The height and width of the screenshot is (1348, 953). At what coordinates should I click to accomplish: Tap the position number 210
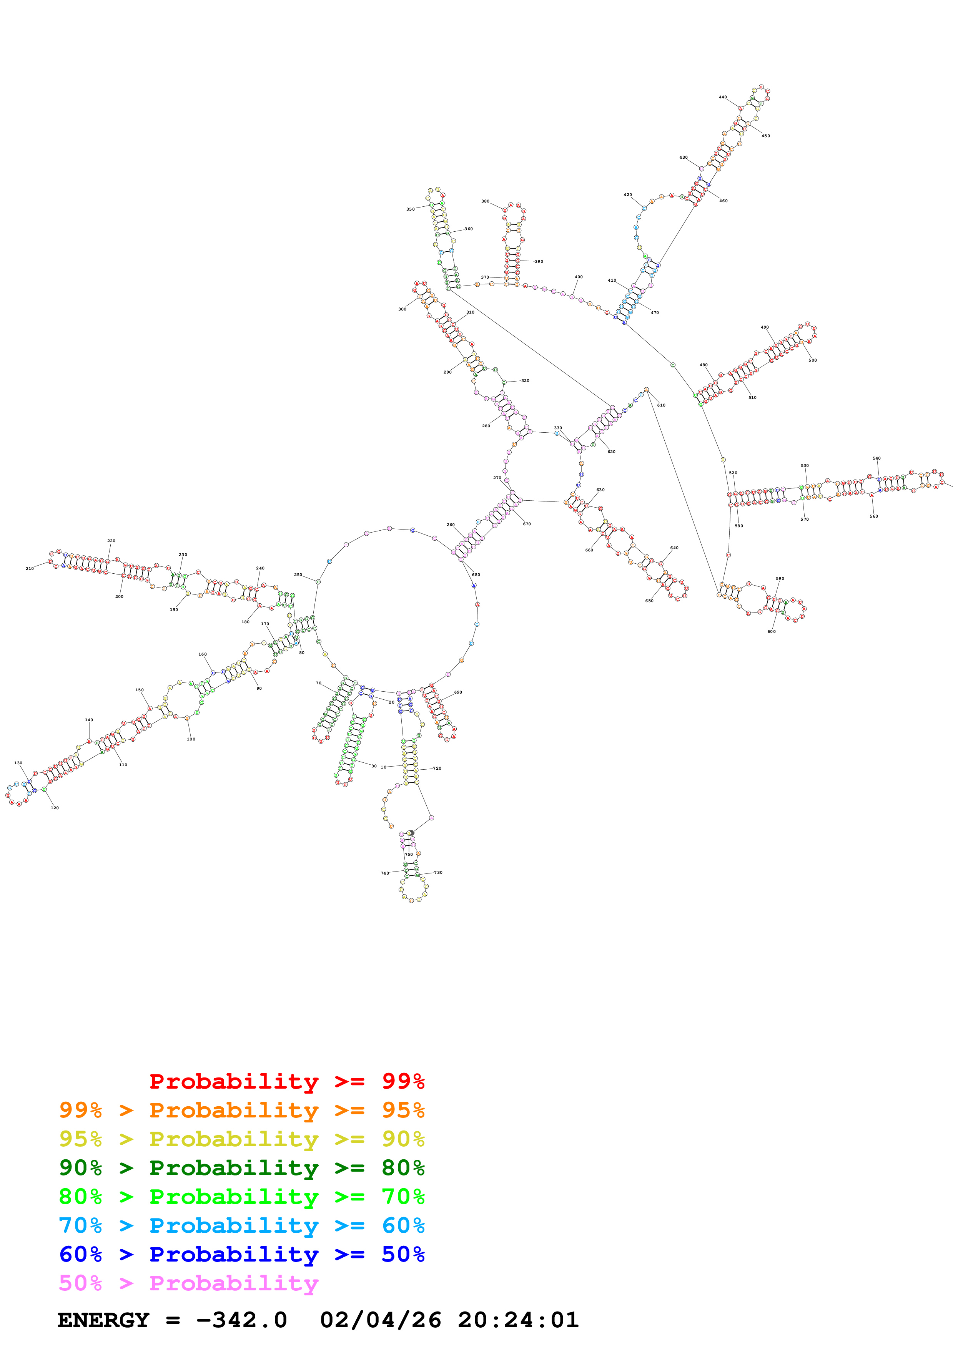[29, 568]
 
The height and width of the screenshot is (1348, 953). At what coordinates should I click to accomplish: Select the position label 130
[18, 763]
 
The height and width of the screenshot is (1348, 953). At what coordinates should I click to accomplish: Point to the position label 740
[384, 873]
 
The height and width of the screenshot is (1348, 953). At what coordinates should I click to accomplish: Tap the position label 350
[410, 209]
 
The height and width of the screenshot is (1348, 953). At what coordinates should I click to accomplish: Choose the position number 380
[485, 201]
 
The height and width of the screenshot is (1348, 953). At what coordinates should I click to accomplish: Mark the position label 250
[298, 575]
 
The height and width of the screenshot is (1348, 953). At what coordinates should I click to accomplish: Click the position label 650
[649, 601]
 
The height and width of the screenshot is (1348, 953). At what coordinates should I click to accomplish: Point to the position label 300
[402, 309]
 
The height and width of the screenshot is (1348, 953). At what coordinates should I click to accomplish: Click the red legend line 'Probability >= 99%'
[286, 1081]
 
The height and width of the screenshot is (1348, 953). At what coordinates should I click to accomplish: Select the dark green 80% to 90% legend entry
[241, 1168]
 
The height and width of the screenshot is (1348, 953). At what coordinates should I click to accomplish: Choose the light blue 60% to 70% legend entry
[241, 1225]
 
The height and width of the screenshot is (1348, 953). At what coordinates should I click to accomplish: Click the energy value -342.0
[241, 1320]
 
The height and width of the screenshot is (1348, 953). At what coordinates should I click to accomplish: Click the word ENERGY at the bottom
[103, 1320]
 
